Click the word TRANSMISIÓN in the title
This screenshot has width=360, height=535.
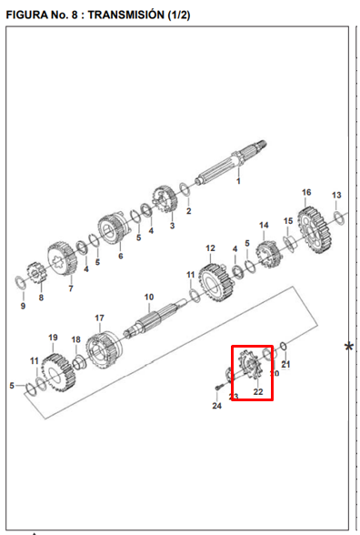click(x=125, y=15)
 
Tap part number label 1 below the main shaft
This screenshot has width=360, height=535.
click(x=238, y=181)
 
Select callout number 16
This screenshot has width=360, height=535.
click(x=306, y=193)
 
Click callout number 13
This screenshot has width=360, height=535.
click(x=336, y=195)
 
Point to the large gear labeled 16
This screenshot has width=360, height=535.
click(x=315, y=229)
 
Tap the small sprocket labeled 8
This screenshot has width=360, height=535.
click(x=36, y=273)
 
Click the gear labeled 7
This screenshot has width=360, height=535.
click(x=63, y=258)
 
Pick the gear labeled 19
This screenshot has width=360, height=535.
click(x=58, y=373)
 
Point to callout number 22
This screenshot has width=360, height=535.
click(x=258, y=391)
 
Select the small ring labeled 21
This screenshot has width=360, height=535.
click(x=284, y=347)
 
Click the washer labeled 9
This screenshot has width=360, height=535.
click(x=20, y=283)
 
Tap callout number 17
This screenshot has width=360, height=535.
click(x=99, y=318)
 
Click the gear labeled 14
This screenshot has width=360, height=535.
click(x=269, y=255)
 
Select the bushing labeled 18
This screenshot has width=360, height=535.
click(x=79, y=362)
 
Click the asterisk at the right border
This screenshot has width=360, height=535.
click(x=349, y=348)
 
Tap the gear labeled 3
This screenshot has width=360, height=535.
click(x=165, y=199)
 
